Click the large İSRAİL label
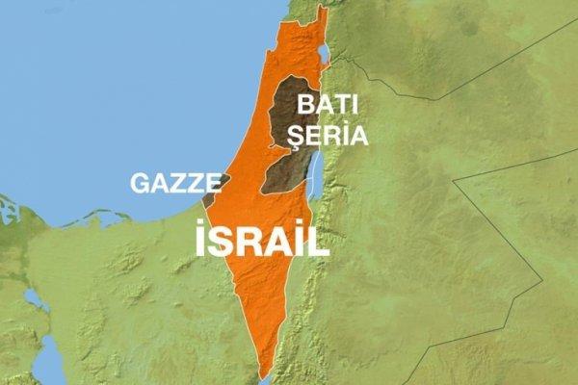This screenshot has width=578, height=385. point(262,240)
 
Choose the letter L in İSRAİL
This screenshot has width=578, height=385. point(318,240)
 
